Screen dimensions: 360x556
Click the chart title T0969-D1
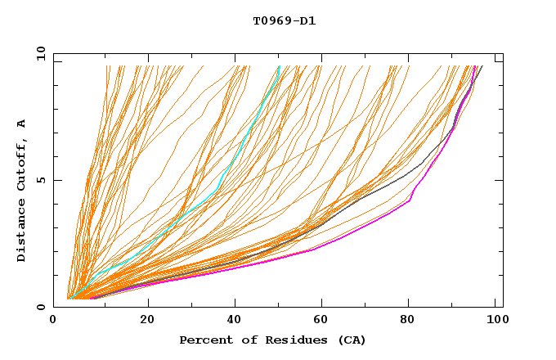pyautogui.click(x=284, y=21)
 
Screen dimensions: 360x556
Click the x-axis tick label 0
pyautogui.click(x=54, y=321)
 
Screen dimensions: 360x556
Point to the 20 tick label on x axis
pyautogui.click(x=147, y=321)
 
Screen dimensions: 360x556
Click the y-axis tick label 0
pyautogui.click(x=41, y=307)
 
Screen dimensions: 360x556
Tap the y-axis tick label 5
pyautogui.click(x=41, y=180)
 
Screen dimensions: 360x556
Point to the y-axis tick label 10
pyautogui.click(x=38, y=53)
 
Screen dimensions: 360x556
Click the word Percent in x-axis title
pyautogui.click(x=204, y=340)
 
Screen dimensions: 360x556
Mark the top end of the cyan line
pyautogui.click(x=280, y=66)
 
